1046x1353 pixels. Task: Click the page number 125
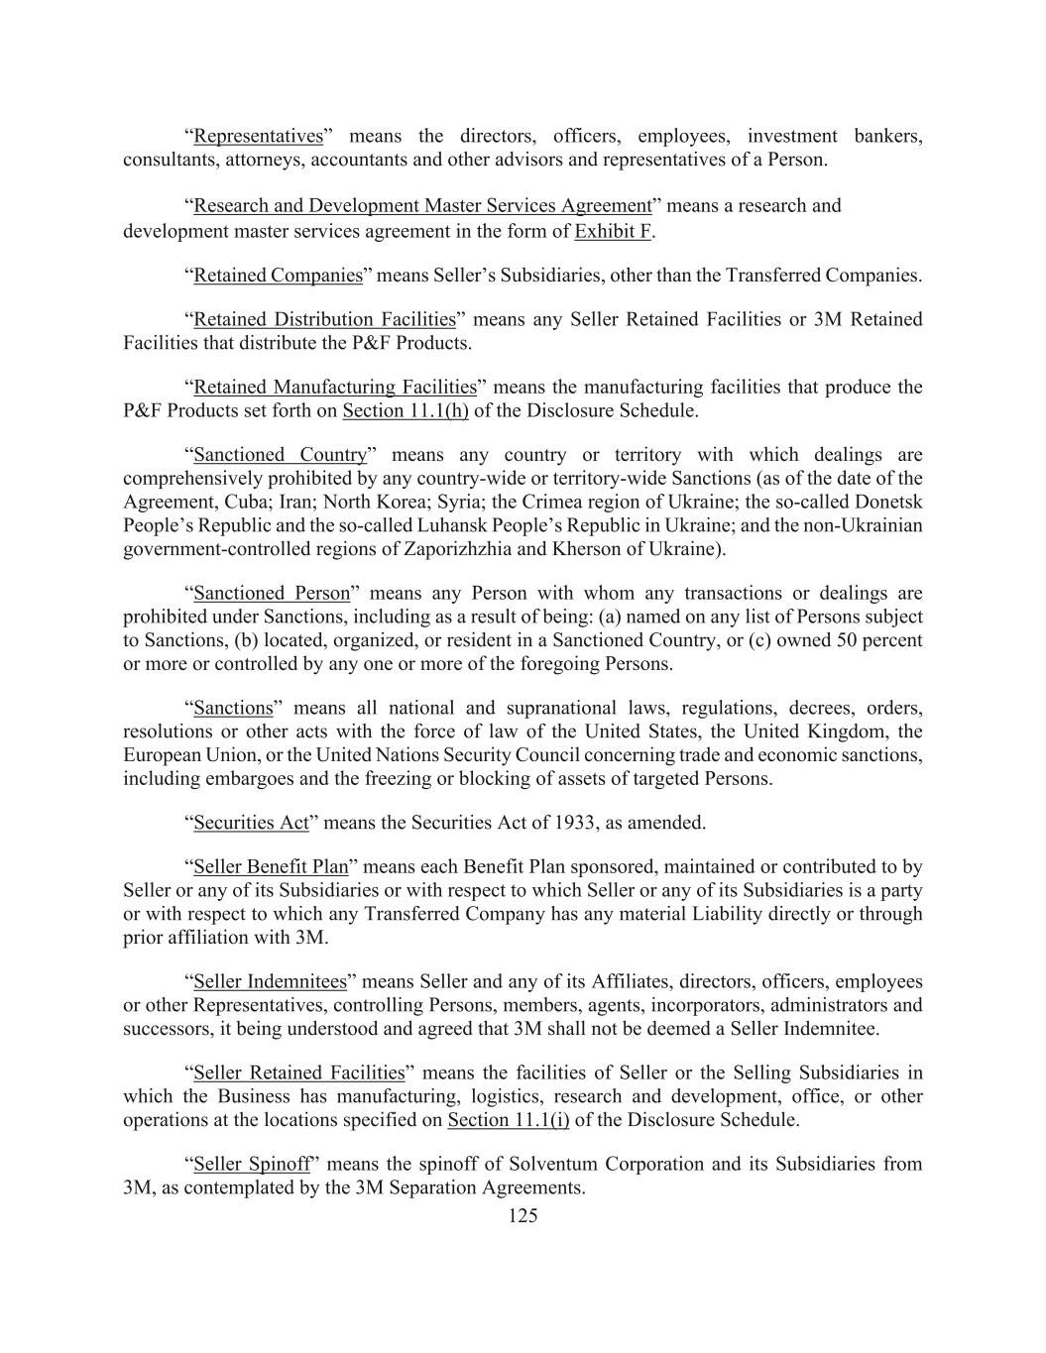tap(523, 1215)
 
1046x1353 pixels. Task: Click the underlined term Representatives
tap(258, 136)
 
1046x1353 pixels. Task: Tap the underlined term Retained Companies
tap(278, 276)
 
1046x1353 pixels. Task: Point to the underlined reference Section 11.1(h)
tap(406, 410)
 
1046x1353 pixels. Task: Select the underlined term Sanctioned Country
tap(280, 455)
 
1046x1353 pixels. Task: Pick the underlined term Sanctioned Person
tap(272, 593)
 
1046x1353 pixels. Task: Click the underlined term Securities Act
tap(251, 823)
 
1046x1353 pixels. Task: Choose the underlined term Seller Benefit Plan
tap(271, 867)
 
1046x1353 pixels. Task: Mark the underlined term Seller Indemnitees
tap(270, 981)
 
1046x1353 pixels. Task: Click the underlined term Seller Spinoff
tap(252, 1164)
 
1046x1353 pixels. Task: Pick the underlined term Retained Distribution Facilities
tap(324, 319)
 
